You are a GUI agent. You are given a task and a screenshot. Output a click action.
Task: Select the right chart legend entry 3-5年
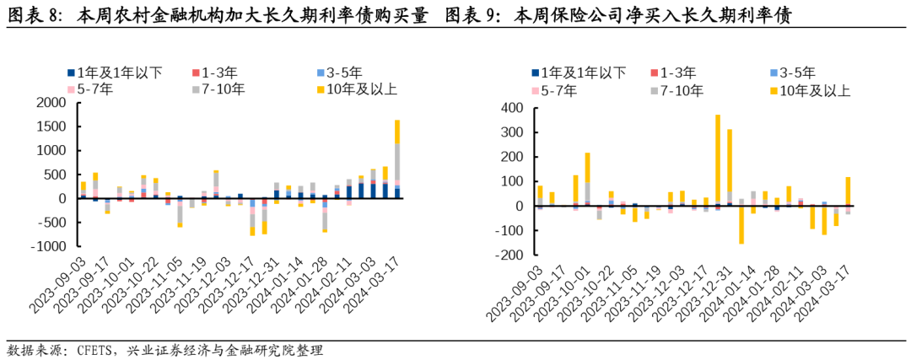click(x=806, y=73)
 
